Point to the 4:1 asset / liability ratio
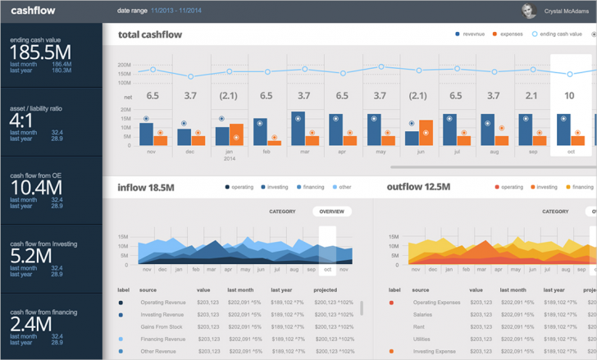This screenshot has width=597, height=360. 25,120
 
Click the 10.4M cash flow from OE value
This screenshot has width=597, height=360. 34,189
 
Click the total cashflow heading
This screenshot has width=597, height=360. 150,34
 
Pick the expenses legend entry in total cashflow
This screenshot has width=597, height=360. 512,34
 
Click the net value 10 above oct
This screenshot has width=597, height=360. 569,96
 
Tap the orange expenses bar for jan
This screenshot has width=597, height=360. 236,134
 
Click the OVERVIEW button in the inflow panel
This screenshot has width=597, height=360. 331,211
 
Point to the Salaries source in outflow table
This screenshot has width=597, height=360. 423,315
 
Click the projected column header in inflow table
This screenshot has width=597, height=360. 326,289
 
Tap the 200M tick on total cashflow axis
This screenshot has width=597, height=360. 124,64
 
